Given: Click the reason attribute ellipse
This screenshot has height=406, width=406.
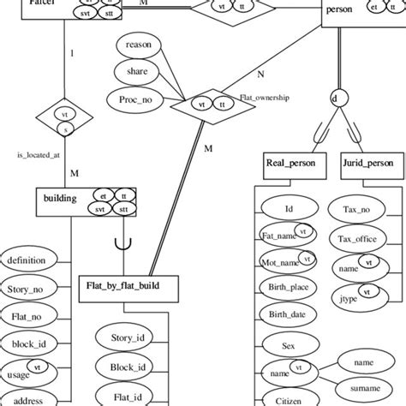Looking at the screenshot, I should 139,45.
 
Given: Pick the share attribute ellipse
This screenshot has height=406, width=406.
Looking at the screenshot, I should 136,72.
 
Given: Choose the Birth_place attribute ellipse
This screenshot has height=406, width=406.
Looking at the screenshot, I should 289,288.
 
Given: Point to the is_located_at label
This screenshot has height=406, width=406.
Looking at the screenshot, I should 38,156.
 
